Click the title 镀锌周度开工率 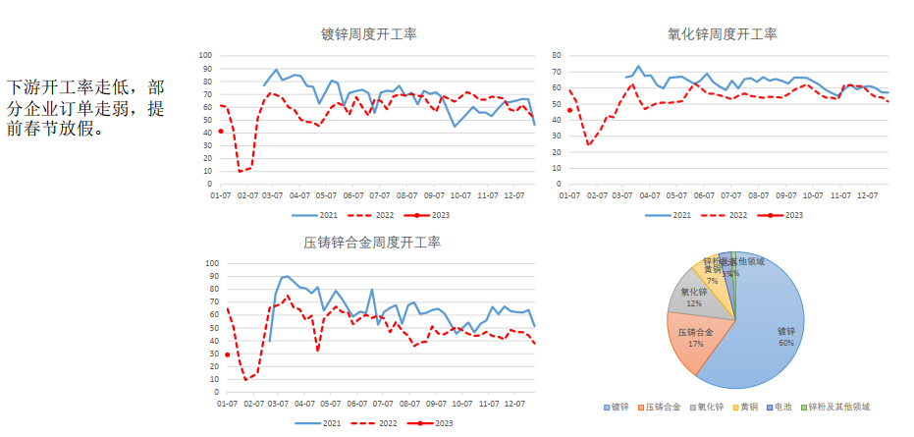[368, 34]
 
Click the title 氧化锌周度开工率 [722, 34]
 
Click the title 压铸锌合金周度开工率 [372, 243]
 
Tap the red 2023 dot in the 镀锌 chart [221, 131]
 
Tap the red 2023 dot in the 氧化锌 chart [570, 110]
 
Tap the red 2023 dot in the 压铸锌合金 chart [228, 355]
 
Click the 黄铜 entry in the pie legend [751, 407]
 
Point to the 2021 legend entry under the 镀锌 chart [322, 214]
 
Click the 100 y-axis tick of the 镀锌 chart [205, 55]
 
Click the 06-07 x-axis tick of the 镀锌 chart [354, 196]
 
